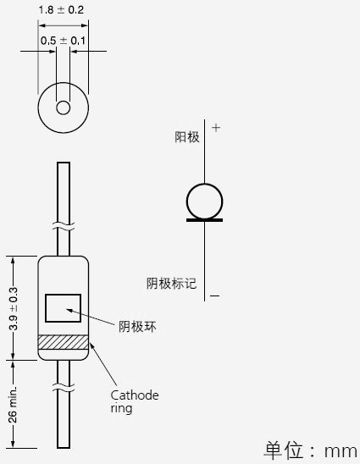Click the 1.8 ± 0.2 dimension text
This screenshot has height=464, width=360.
pos(61,10)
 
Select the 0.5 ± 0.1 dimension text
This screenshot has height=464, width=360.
pos(63,41)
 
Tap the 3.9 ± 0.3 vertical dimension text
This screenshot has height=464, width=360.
pos(14,309)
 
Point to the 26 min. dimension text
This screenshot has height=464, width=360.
pos(13,404)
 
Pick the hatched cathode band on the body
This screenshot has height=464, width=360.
pos(64,342)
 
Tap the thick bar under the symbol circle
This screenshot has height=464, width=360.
pos(204,220)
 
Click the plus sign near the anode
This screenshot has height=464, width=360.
pos(216,128)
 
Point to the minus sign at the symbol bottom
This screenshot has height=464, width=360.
pos(214,296)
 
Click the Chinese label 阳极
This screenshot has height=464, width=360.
pos(187,137)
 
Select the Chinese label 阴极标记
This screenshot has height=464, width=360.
pos(171,283)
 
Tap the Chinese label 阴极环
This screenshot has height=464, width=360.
pos(137,327)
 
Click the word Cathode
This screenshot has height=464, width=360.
pos(135,395)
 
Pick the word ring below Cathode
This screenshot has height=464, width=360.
pos(121,408)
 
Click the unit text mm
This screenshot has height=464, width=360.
pos(341,451)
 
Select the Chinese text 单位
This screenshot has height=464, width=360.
pos(283,450)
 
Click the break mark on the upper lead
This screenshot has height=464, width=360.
pos(64,227)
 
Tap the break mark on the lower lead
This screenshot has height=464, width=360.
pos(64,388)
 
